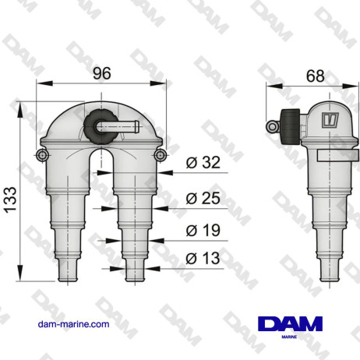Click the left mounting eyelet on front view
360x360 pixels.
[x=40, y=157]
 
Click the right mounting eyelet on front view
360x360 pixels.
[x=161, y=157]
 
